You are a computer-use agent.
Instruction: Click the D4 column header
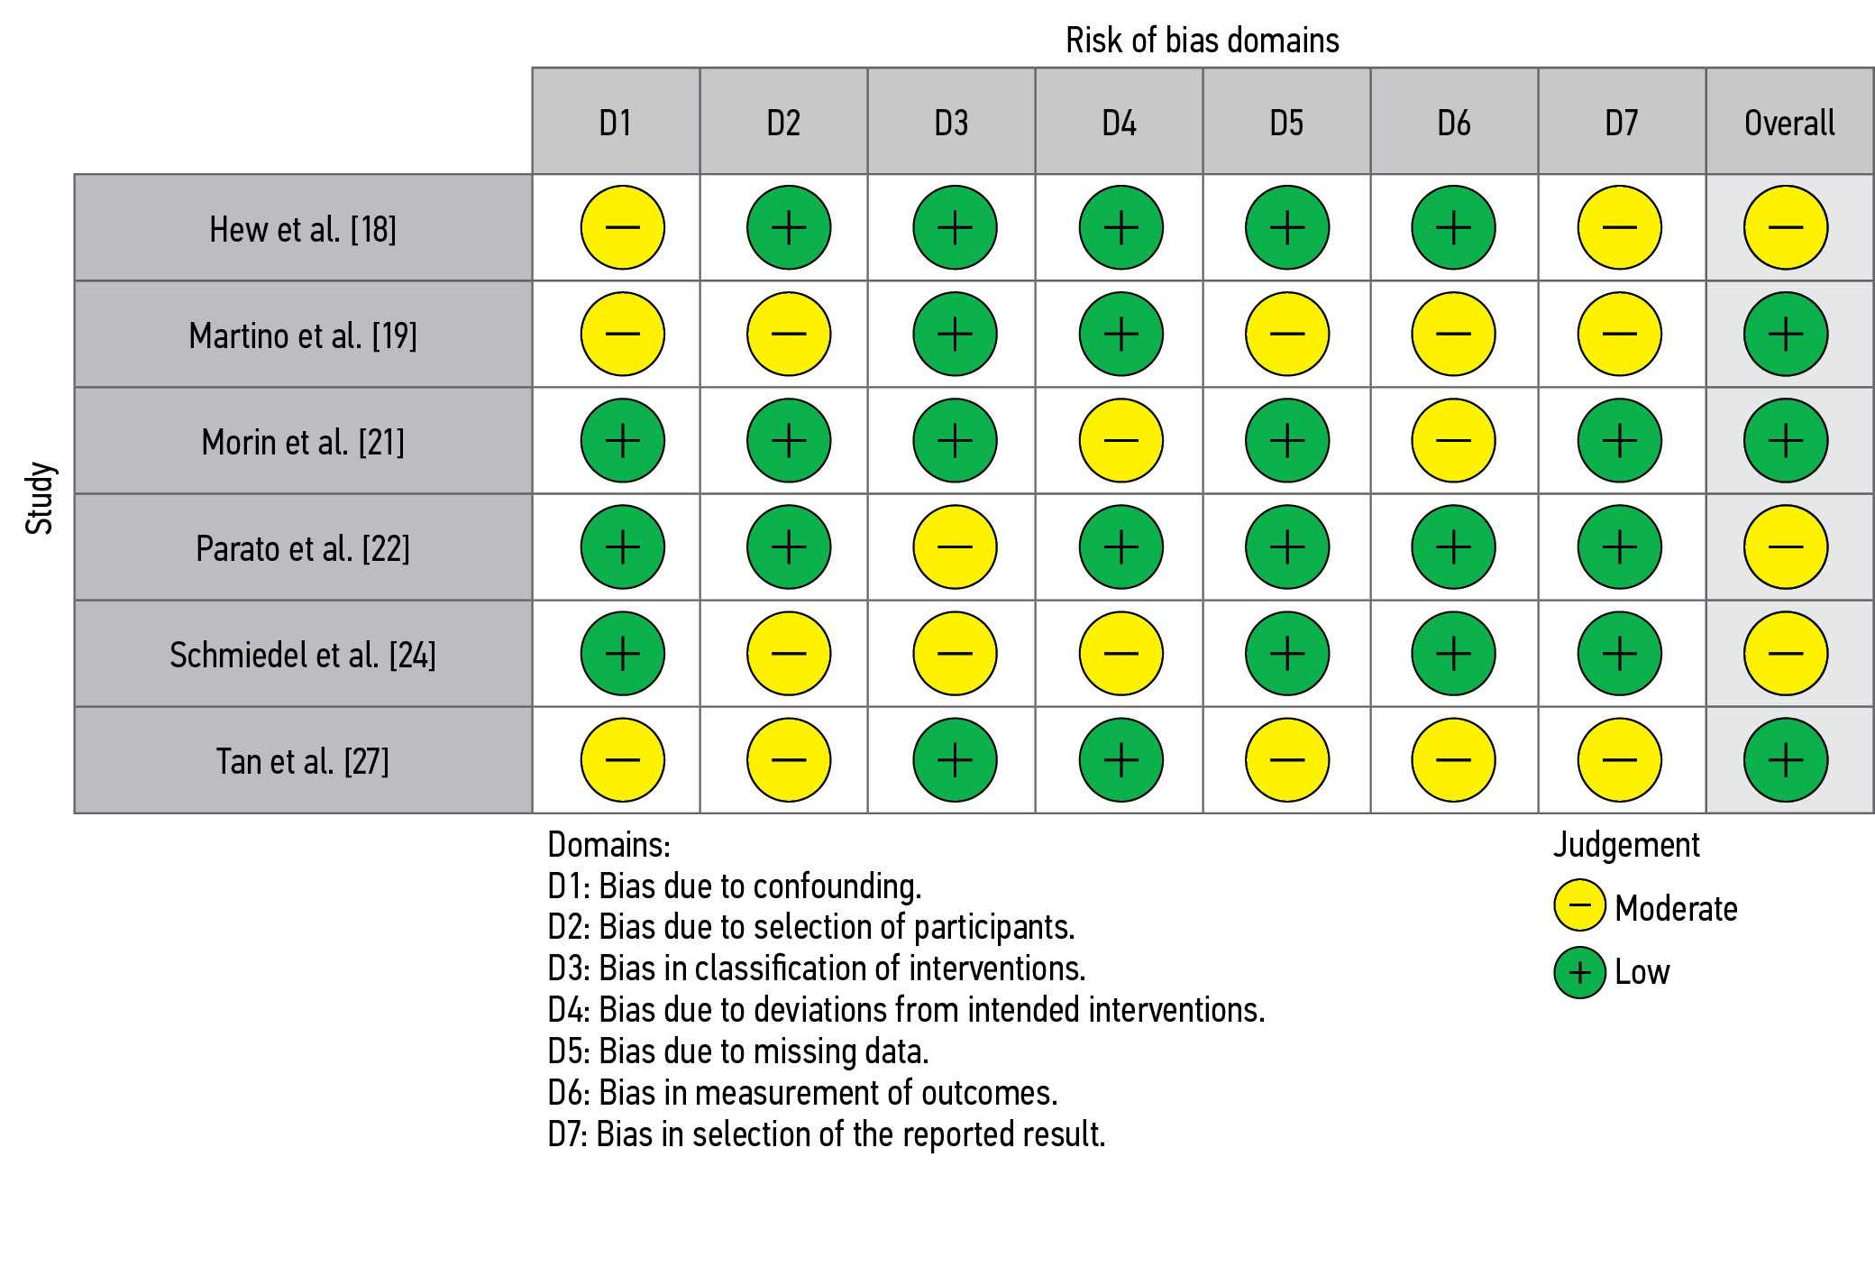1119,123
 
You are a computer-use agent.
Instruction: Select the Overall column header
1789,123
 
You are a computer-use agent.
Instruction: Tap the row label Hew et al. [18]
303,229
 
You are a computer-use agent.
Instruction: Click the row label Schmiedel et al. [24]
303,655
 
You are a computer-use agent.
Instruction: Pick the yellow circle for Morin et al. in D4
1120,441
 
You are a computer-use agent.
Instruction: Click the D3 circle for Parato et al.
955,547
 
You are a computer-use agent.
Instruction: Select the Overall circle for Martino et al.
1785,335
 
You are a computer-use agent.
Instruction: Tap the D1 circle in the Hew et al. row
622,228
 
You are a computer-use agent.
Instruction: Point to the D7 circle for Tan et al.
1619,760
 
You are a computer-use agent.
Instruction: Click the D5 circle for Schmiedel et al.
1287,654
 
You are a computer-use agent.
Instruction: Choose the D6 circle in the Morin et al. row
1453,441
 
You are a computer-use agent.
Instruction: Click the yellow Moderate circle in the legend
1579,906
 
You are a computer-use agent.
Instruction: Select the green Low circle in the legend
1579,973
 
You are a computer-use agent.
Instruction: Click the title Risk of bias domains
1202,41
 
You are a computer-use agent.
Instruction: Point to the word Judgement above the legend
1626,845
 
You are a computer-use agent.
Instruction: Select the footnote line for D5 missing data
737,1051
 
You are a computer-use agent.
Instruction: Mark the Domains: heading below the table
608,845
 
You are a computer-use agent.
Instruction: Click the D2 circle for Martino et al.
789,335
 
